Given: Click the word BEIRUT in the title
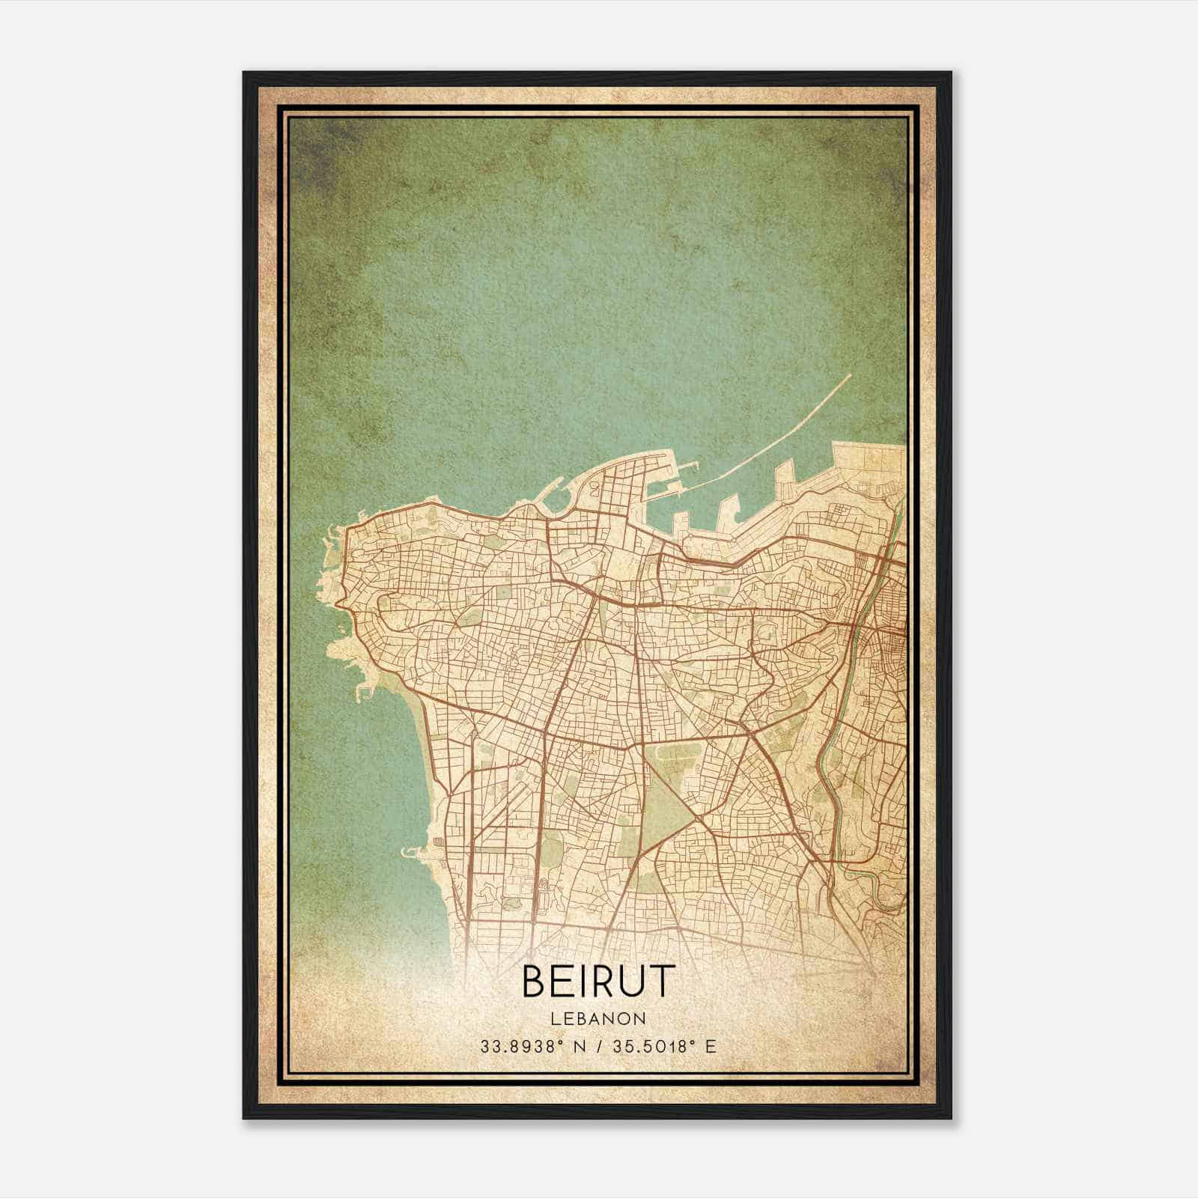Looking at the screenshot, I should [x=598, y=982].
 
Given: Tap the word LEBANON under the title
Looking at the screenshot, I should [x=598, y=1019].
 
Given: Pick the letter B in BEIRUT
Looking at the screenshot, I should [x=535, y=982].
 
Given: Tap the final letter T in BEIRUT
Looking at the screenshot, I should [x=663, y=982].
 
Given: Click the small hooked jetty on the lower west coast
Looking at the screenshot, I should [x=413, y=851].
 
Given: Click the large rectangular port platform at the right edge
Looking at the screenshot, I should [x=869, y=464].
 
